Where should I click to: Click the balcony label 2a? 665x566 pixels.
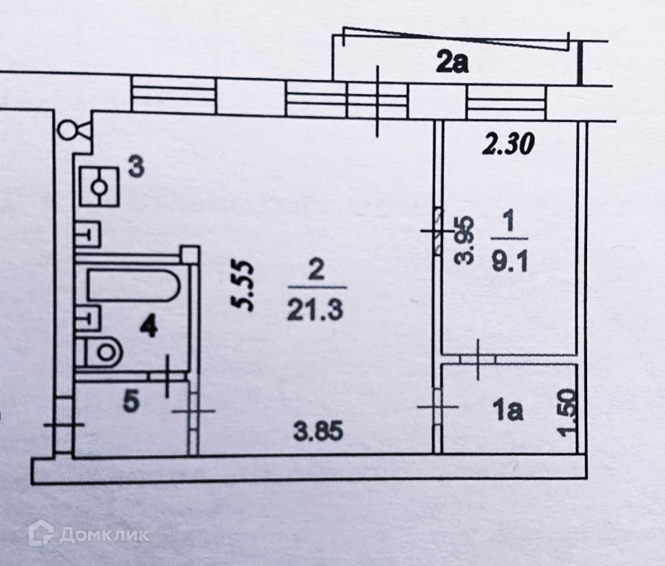point(451,64)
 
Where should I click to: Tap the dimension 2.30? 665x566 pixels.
point(508,145)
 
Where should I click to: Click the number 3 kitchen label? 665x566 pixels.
point(135,167)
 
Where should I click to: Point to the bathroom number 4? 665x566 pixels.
point(149,326)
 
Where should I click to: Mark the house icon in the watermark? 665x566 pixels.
point(41,533)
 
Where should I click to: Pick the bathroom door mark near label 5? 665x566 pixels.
point(168,376)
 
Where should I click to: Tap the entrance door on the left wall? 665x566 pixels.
point(65,425)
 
